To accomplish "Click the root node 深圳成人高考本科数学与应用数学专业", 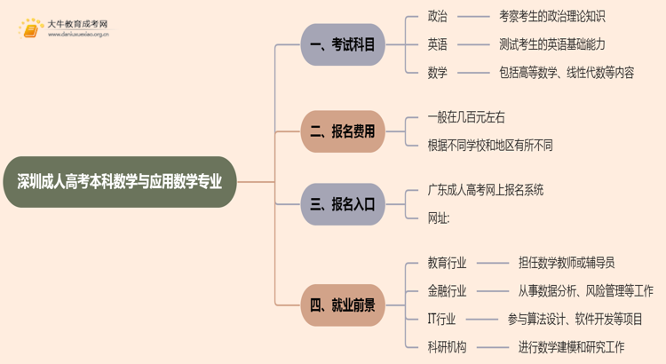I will tap(120, 182).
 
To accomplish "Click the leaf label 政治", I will tap(438, 16).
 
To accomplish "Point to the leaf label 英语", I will tap(438, 44).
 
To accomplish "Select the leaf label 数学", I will tap(438, 73).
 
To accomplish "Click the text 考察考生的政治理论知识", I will tap(552, 16).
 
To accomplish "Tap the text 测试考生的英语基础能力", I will tap(552, 44).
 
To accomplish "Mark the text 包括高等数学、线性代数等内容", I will tap(567, 73).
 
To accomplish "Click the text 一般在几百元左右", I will tap(466, 117).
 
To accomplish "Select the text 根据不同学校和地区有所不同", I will tap(490, 146).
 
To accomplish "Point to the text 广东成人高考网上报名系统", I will tap(486, 190).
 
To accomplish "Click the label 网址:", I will tap(439, 218).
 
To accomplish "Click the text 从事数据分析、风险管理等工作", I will tap(586, 290).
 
